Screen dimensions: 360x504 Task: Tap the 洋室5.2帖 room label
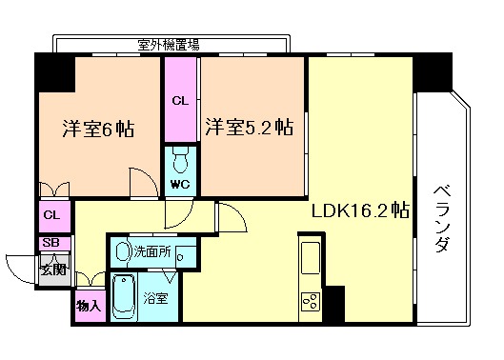point(249,129)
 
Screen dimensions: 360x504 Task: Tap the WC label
point(181,184)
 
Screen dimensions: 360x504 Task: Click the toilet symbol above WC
point(181,159)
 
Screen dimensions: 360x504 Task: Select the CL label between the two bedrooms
point(180,99)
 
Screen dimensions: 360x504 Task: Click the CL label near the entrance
point(51,216)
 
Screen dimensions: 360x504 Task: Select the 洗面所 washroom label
point(153,252)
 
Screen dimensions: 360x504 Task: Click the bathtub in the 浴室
point(125,297)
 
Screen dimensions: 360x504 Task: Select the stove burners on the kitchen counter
point(312,303)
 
